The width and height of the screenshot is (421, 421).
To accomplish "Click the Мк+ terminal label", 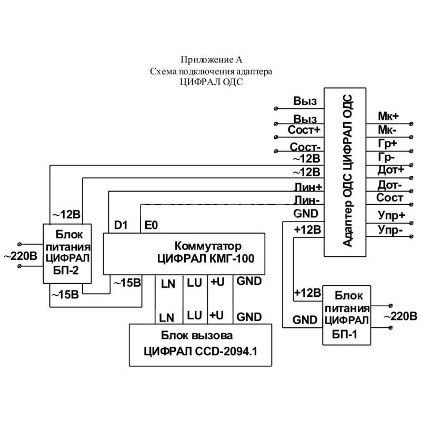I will click(x=388, y=115).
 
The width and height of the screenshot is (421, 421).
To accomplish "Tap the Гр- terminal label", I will click(x=387, y=156).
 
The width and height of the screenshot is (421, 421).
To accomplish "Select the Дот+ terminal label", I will click(x=390, y=170).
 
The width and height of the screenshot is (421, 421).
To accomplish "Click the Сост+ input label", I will click(x=304, y=130).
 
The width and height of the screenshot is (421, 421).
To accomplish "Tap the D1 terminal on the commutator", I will click(x=121, y=225).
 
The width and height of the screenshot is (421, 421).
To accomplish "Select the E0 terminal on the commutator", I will click(x=152, y=225).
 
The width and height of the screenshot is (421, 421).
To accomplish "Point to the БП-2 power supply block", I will click(x=67, y=253).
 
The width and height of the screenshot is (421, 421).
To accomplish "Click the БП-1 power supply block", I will click(x=346, y=314).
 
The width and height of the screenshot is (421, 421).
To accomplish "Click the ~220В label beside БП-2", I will click(x=21, y=256).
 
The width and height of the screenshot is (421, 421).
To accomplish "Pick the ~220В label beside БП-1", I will click(x=400, y=317).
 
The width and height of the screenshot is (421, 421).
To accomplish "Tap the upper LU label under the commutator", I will click(x=194, y=283).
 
